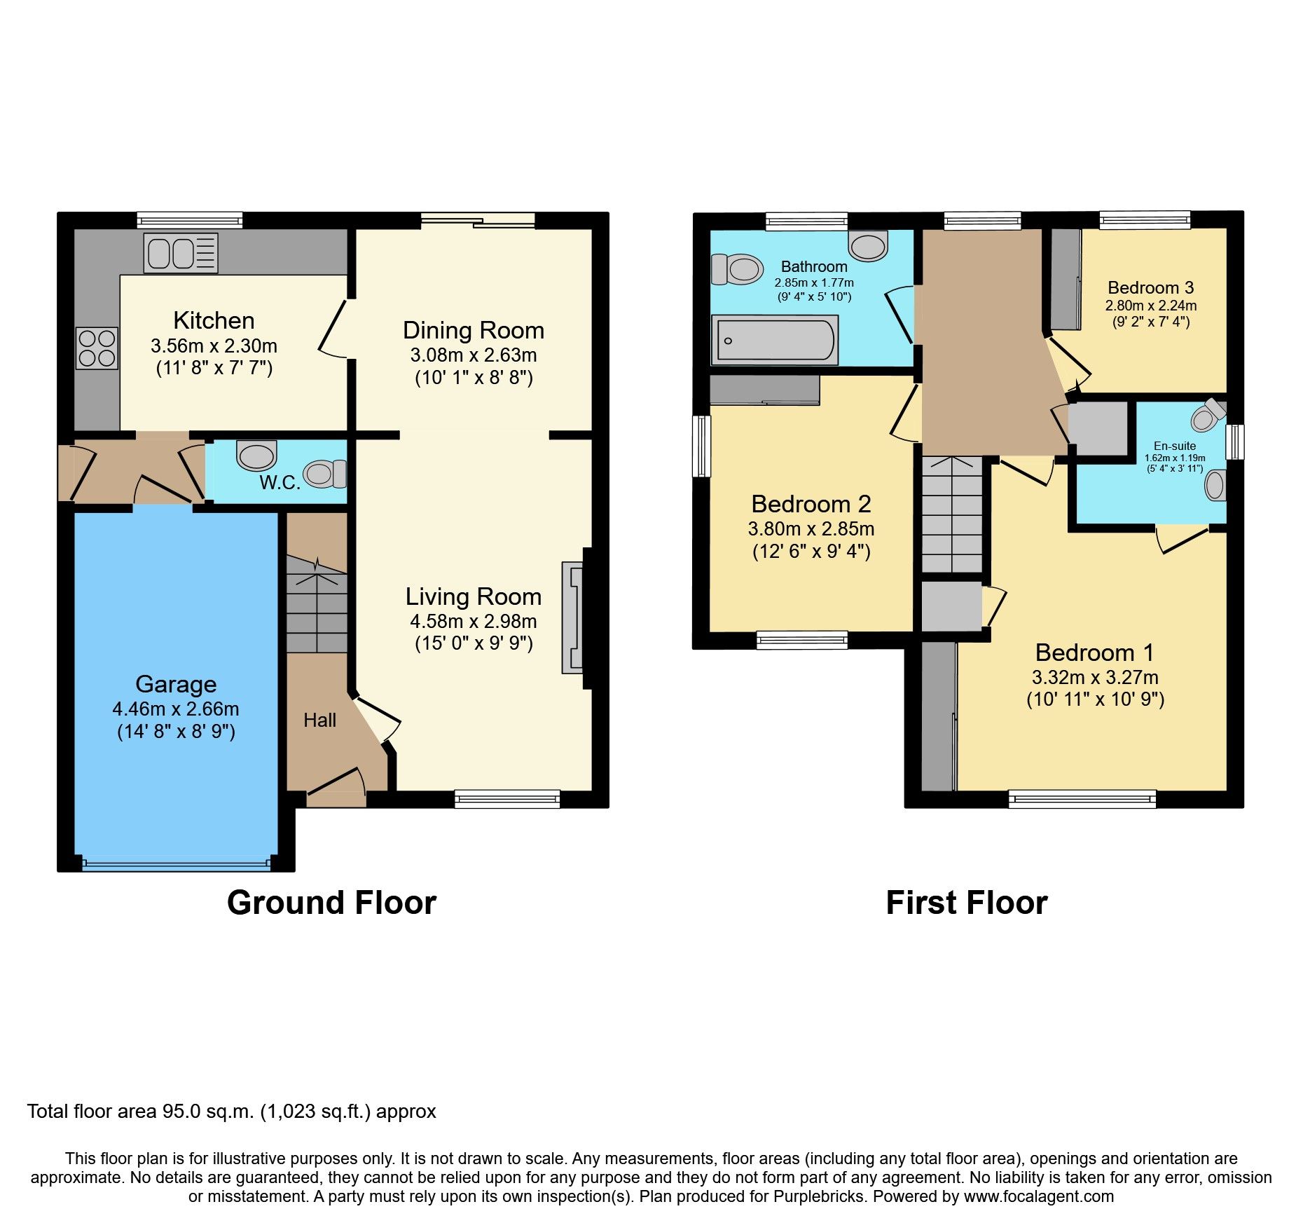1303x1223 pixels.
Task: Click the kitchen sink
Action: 181,253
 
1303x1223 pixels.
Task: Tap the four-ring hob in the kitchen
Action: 97,348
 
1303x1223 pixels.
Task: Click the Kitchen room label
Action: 214,320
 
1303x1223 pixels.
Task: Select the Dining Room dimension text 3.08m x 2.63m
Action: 474,355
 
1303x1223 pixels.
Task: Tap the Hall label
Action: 319,720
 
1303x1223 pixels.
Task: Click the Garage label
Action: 176,684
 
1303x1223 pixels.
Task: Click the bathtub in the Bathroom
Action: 774,341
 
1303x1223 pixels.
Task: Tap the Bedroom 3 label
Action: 1150,287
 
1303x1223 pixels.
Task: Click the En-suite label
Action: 1175,446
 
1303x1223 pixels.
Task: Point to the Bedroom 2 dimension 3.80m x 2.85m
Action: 811,528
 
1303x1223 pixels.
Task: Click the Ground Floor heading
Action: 331,903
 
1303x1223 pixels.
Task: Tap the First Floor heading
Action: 966,903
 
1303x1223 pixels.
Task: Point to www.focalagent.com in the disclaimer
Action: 1038,1196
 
